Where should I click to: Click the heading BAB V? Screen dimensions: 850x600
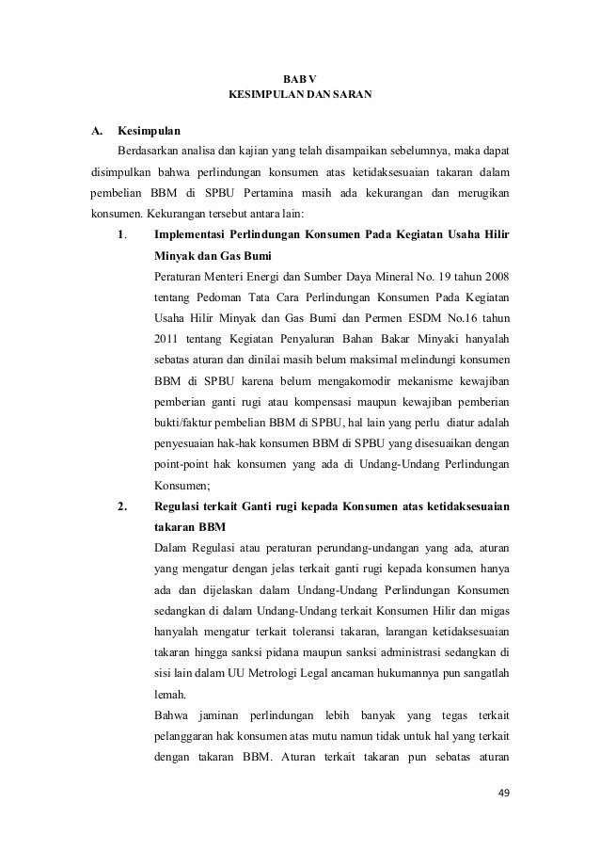tap(299, 78)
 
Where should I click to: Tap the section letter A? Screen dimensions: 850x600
tap(96, 129)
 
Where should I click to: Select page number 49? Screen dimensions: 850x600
tap(503, 793)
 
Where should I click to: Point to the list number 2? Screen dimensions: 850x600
tap(122, 508)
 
